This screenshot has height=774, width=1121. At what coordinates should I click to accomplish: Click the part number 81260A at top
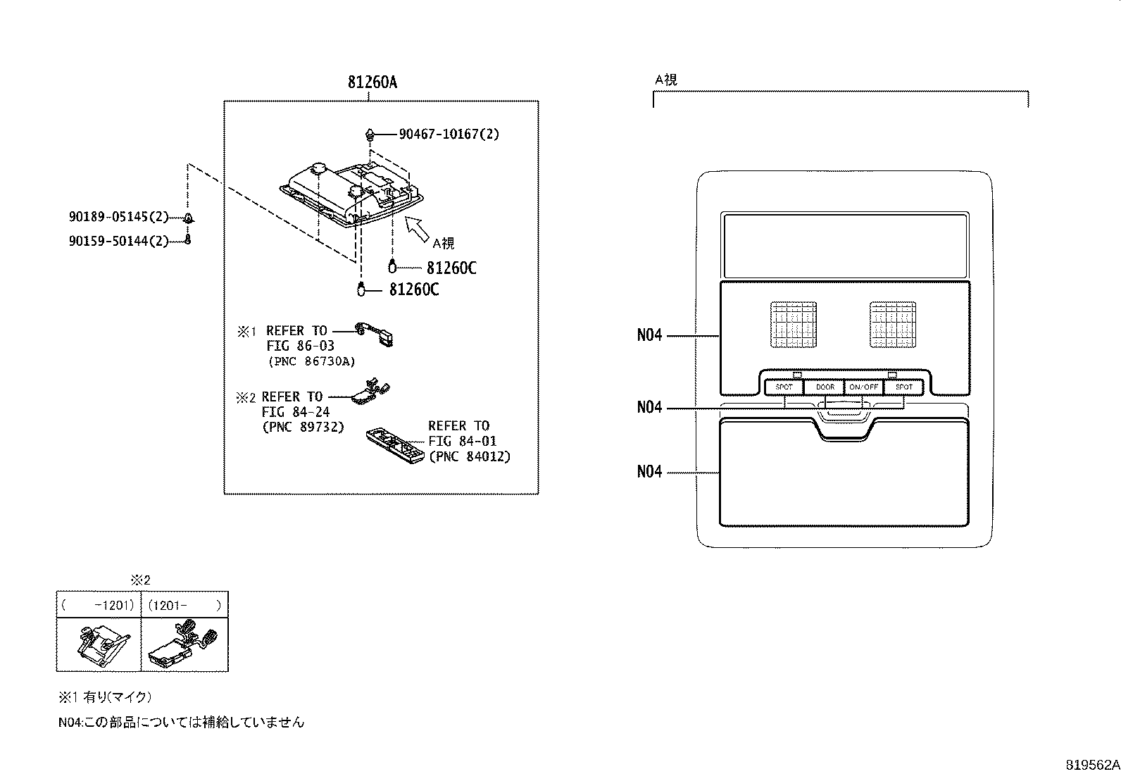(372, 82)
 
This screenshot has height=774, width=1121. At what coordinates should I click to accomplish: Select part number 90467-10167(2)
(449, 134)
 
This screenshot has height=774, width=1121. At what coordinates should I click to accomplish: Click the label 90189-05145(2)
(118, 218)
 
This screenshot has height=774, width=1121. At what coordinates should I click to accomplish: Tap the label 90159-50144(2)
(118, 241)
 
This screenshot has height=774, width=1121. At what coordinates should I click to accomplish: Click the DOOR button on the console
(825, 387)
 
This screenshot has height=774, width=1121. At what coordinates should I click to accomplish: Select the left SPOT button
(784, 387)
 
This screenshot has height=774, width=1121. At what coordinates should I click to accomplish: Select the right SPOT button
(904, 387)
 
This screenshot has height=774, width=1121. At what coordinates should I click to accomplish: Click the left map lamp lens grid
(794, 325)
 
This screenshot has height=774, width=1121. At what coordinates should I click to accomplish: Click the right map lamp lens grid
(893, 325)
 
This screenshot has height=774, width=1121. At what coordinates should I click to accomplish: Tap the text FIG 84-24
(295, 412)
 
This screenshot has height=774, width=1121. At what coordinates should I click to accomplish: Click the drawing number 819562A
(1091, 765)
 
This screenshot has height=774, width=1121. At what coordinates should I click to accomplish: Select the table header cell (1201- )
(184, 605)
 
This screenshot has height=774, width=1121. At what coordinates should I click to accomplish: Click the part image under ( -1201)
(99, 644)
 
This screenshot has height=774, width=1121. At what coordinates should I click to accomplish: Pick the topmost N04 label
(649, 336)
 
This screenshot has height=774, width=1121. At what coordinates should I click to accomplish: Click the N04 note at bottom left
(181, 722)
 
